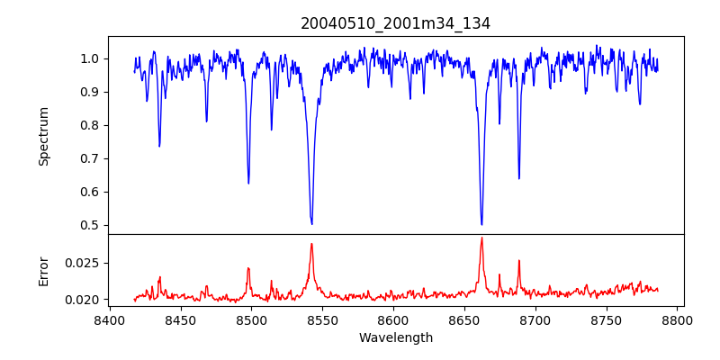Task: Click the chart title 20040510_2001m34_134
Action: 395,23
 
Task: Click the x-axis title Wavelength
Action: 395,338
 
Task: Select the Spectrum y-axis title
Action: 43,136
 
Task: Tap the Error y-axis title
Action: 43,271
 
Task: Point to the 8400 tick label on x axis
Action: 109,319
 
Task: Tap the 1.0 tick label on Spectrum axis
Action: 89,58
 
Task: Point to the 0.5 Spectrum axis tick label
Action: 89,225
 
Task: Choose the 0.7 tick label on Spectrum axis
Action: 89,158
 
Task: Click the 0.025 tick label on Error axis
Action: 83,263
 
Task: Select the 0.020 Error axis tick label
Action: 83,299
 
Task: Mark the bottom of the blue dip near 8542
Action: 311,223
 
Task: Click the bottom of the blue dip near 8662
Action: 481,224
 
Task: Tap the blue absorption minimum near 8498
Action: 248,183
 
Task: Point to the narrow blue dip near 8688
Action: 518,178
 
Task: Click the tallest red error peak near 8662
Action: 481,238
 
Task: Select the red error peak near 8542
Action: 311,244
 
